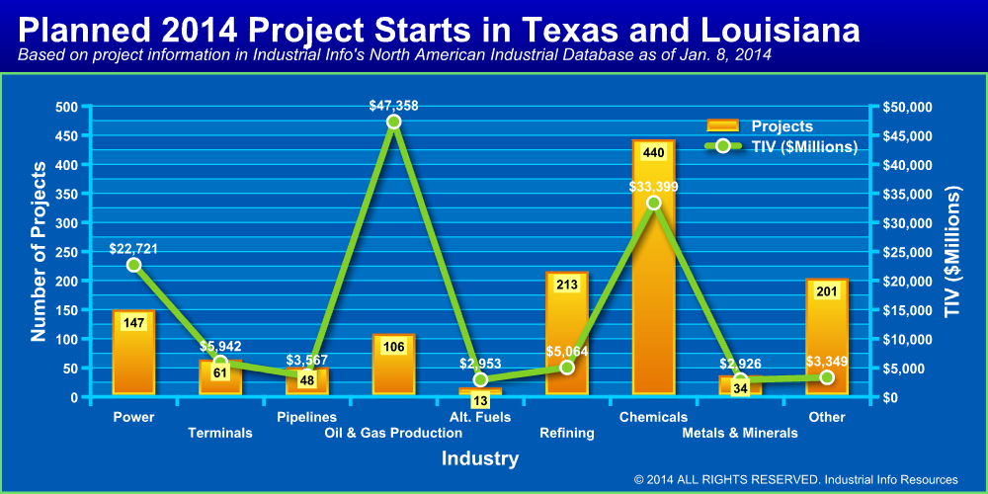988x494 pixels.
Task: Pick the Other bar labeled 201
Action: pos(826,341)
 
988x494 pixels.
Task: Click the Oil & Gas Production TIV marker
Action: pos(393,122)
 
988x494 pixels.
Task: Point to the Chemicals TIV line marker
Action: pos(653,203)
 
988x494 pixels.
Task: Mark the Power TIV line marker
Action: pos(133,265)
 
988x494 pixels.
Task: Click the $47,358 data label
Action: pos(393,103)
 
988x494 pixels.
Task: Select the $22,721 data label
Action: pos(133,246)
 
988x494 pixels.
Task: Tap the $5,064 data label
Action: pos(567,350)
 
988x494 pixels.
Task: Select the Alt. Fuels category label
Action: pos(480,417)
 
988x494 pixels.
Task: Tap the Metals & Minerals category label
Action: pos(740,433)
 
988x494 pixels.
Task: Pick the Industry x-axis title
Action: pos(479,459)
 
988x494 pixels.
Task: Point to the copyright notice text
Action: pos(795,479)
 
